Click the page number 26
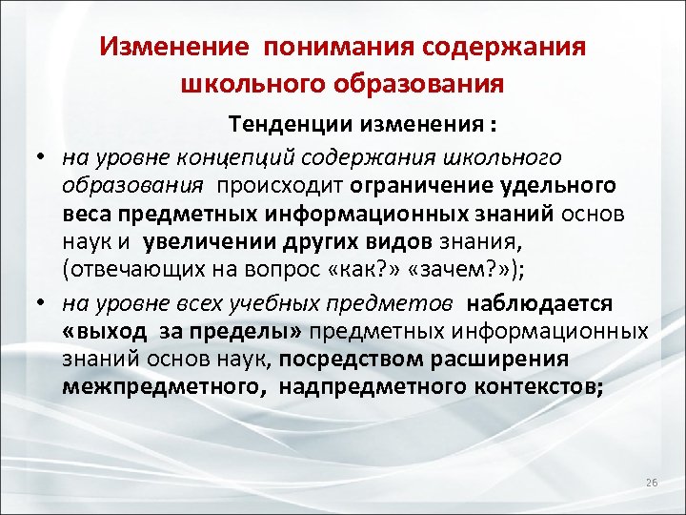(652, 484)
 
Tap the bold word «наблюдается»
(542, 304)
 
